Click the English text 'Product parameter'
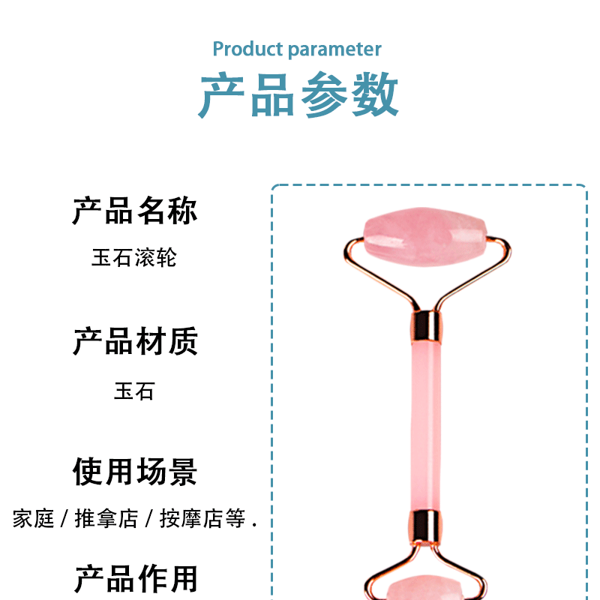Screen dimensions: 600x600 297,49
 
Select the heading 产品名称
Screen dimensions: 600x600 135,211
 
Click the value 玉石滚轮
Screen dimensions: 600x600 134,258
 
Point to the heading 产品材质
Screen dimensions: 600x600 135,341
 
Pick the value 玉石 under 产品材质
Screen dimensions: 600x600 134,391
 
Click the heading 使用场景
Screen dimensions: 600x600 135,472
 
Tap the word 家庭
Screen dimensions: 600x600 34,518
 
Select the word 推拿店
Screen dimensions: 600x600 106,518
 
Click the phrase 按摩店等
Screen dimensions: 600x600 202,518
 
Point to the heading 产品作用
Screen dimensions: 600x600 135,579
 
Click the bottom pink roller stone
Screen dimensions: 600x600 425,589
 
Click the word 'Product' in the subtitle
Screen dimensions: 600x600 247,49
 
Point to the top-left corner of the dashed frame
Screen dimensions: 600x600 274,187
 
